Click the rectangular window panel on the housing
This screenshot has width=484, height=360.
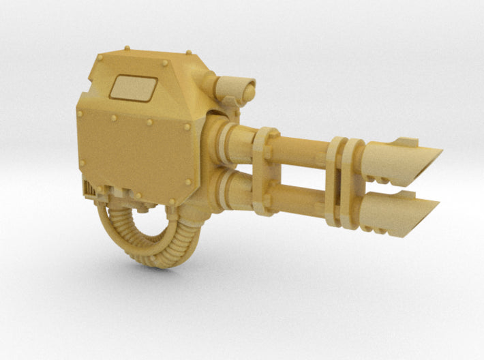[134, 88]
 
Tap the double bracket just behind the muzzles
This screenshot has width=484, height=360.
[344, 180]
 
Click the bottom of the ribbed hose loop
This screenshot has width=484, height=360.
[147, 260]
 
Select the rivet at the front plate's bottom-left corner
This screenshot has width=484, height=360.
[82, 164]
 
